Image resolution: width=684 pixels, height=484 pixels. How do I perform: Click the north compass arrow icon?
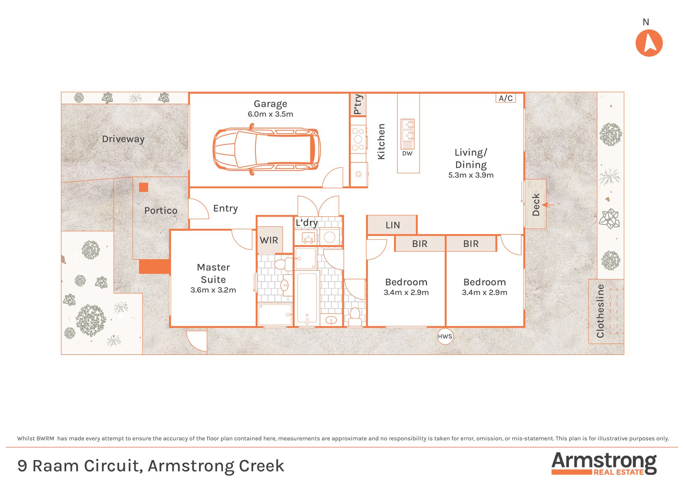(x=649, y=43)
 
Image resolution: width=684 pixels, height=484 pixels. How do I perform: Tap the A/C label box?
(x=505, y=98)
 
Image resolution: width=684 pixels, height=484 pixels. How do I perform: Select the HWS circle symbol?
(x=445, y=336)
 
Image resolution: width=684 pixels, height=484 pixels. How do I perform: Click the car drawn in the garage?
(x=267, y=149)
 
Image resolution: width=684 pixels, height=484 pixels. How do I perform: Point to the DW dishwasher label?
(x=407, y=153)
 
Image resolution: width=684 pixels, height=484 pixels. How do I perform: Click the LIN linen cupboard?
(x=392, y=225)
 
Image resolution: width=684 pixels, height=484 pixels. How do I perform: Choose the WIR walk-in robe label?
(x=269, y=240)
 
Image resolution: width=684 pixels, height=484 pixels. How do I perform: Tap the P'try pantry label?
(x=358, y=104)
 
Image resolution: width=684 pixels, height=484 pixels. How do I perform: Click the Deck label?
(x=536, y=205)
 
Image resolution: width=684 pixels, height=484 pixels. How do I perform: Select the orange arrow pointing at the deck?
(x=549, y=205)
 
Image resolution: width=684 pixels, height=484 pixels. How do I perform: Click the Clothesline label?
(x=600, y=311)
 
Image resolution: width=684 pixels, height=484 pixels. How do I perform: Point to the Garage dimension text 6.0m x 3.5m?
(x=271, y=114)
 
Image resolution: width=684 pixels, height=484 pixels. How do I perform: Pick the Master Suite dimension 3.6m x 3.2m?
(x=213, y=290)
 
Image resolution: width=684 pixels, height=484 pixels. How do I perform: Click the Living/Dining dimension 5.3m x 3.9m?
(x=471, y=175)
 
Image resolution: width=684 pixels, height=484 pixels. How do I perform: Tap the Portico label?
(x=161, y=211)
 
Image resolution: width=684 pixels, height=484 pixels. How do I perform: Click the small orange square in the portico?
(x=144, y=187)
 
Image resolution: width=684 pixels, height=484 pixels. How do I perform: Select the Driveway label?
(x=123, y=139)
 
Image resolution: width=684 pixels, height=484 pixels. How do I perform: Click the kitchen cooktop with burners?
(x=358, y=139)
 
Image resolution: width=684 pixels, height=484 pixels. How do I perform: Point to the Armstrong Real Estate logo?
(x=604, y=463)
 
